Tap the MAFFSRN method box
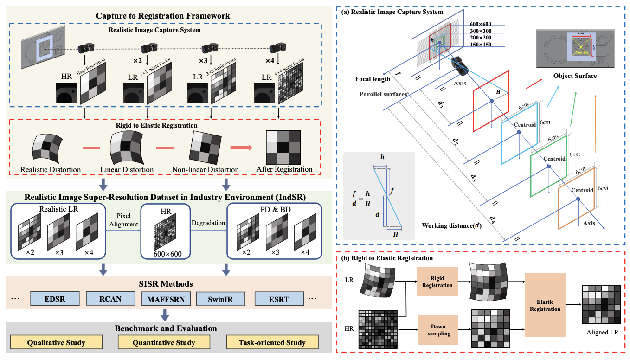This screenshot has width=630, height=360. pos(166,299)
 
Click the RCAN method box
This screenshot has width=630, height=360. pos(110,299)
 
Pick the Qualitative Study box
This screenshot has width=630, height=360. pos(56,342)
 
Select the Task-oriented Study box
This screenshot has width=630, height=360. pos(272,342)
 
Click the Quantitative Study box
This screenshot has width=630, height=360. pos(163,342)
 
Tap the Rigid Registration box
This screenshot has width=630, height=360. pos(437,281)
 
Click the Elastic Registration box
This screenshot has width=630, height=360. pos(545,305)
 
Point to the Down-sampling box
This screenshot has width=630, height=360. pos(437,330)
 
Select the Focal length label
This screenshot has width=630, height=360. pos(373,78)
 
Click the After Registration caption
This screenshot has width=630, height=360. pos(284,169)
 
